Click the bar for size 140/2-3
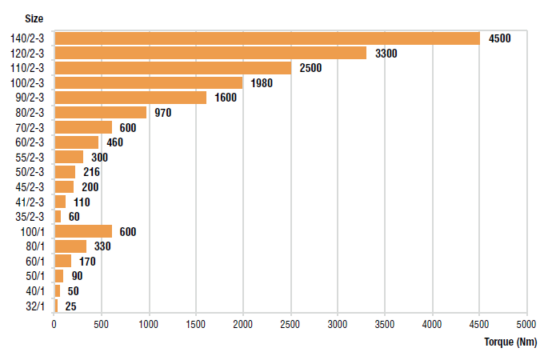(x=266, y=38)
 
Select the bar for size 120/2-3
(x=210, y=53)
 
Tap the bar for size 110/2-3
(x=172, y=68)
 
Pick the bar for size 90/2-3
(x=130, y=98)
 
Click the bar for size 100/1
(x=82, y=231)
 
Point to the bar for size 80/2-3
(x=100, y=113)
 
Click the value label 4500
(x=499, y=38)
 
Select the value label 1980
(x=262, y=83)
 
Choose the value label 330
(x=102, y=246)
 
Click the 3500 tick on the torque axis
(x=385, y=324)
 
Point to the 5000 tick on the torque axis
(x=526, y=324)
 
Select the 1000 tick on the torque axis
(x=148, y=324)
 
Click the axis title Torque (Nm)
(x=510, y=342)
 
